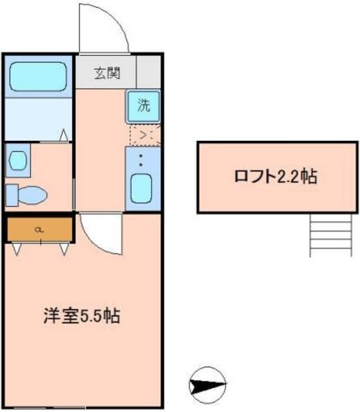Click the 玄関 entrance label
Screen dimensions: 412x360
107,73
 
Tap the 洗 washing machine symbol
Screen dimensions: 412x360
142,106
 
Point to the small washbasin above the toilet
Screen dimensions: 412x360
18,159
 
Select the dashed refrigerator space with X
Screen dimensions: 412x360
142,135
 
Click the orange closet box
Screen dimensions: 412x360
40,229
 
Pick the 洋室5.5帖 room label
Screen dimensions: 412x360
82,316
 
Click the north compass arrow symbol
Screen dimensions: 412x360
207,386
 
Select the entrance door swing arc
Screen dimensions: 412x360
103,29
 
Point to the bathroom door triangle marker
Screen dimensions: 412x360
64,135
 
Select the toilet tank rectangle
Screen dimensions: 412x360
12,193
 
